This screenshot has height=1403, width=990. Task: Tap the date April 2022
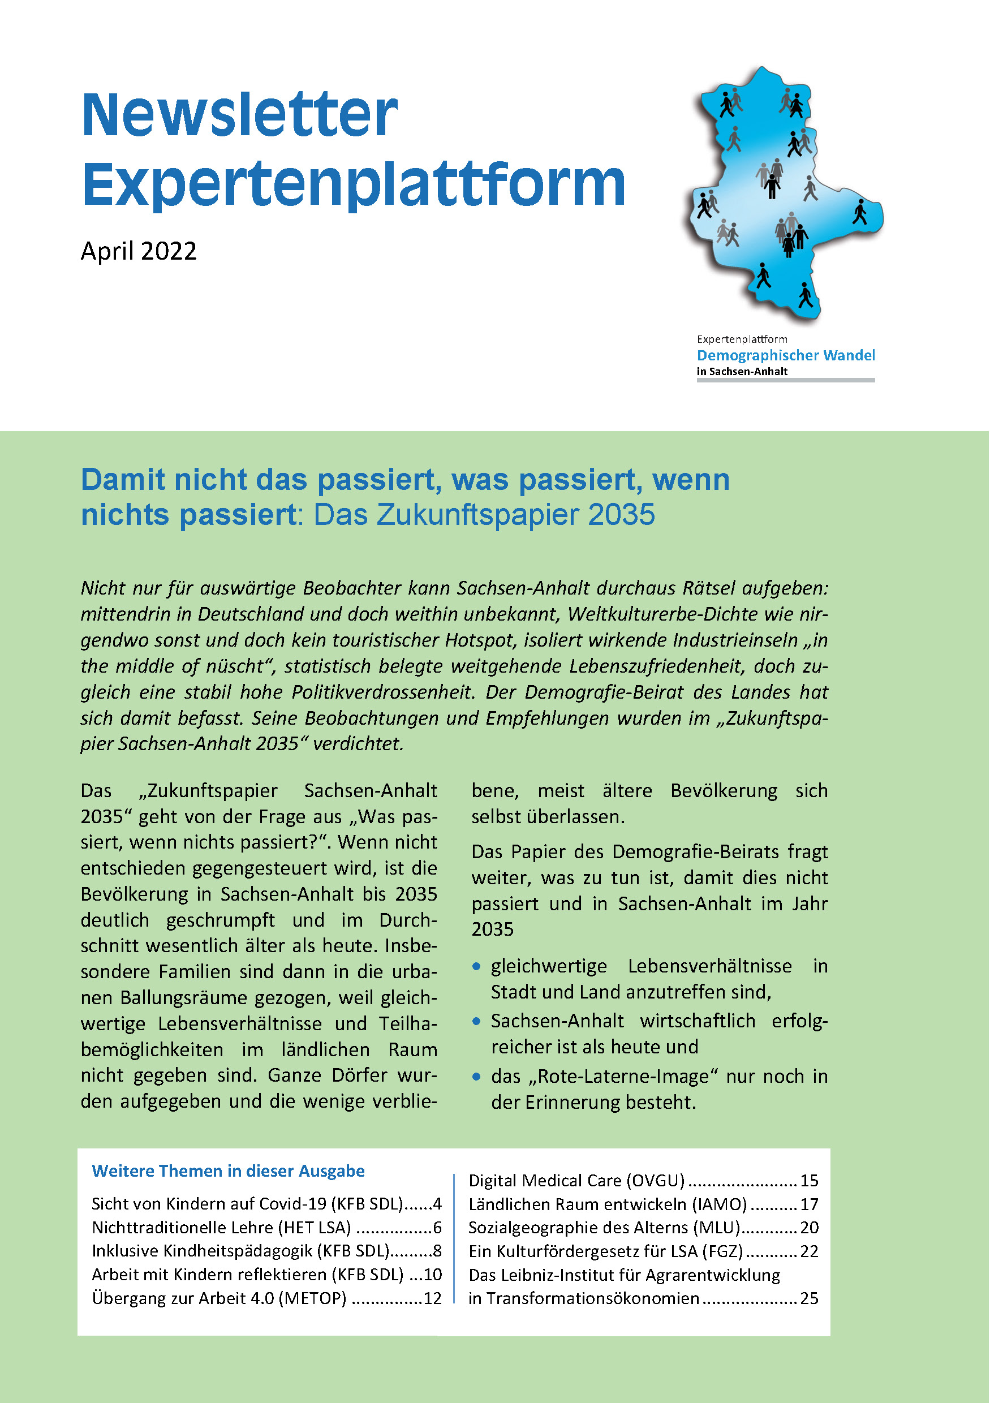pos(139,251)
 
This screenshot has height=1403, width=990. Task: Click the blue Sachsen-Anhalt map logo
pos(782,196)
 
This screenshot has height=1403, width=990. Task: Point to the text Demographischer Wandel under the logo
pos(785,355)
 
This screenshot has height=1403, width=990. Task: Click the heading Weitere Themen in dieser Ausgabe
pos(228,1172)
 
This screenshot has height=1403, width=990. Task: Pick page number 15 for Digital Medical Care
pos(809,1181)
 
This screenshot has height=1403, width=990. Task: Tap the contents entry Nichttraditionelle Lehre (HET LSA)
pos(221,1228)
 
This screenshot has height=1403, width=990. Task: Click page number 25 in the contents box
pos(809,1298)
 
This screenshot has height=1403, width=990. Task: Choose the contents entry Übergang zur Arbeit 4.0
pos(219,1298)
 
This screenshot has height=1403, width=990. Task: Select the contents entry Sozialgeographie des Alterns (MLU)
pos(604,1228)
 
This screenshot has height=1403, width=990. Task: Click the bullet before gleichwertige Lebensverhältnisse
pos(477,966)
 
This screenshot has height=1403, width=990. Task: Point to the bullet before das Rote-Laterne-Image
pos(477,1077)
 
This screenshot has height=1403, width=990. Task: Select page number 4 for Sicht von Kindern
pos(437,1204)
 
